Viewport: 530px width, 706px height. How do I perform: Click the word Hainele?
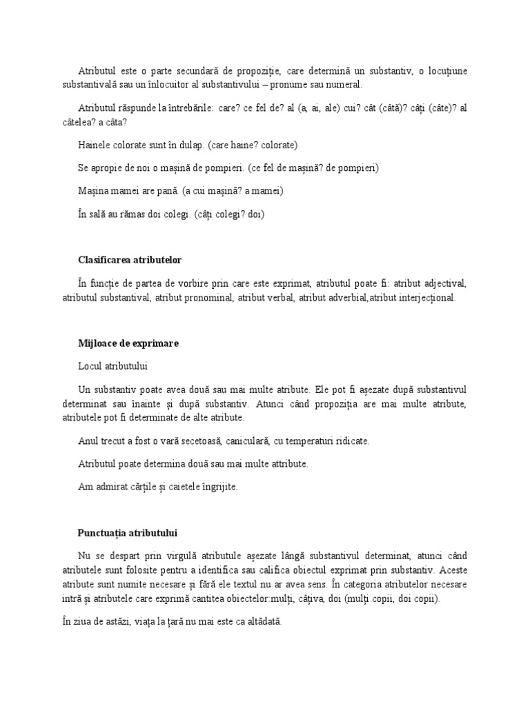[x=95, y=145]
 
